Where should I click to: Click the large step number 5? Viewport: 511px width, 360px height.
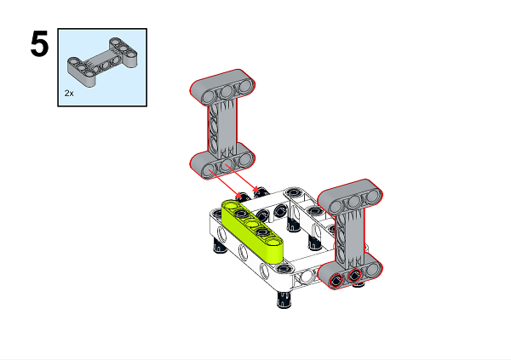[x=39, y=45]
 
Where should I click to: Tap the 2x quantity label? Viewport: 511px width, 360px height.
[x=70, y=92]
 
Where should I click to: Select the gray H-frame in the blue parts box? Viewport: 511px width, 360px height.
[x=101, y=63]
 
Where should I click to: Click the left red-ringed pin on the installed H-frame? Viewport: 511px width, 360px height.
[x=338, y=278]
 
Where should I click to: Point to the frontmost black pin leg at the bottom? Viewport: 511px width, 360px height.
[x=283, y=300]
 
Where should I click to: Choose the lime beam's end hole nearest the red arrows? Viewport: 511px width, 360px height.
[x=232, y=207]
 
